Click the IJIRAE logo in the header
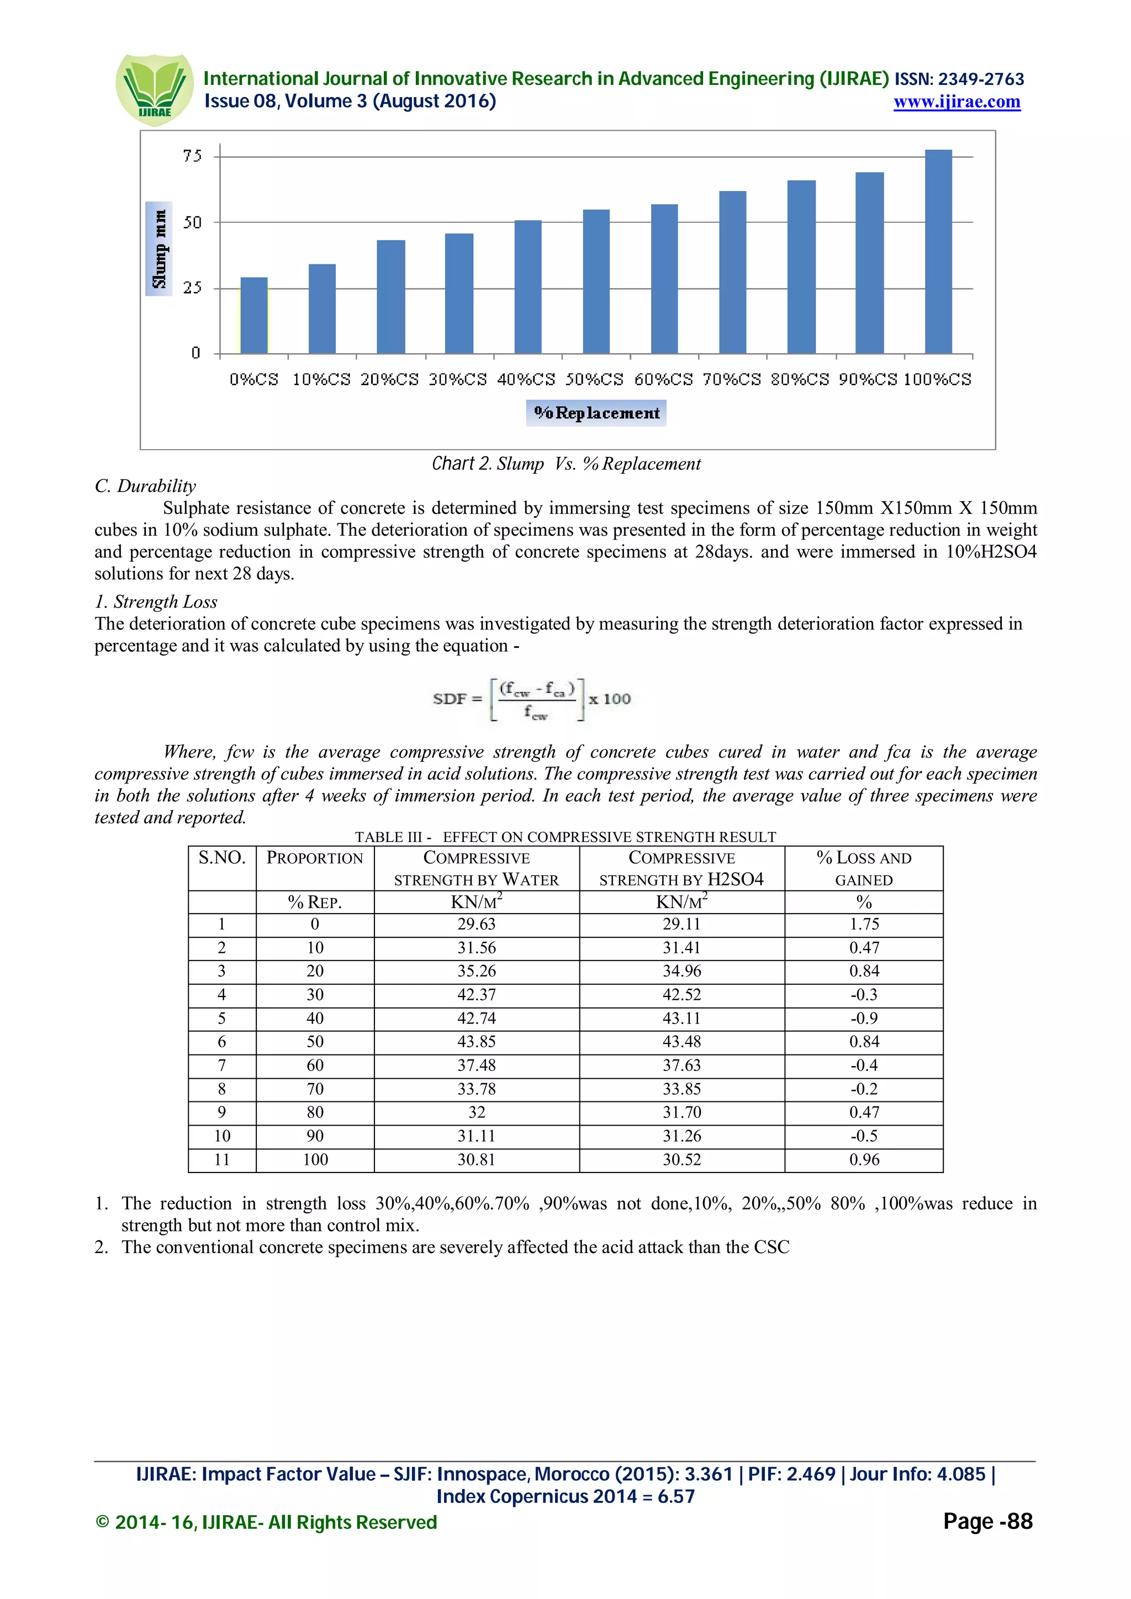[154, 90]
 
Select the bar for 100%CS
[938, 252]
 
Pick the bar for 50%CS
[596, 281]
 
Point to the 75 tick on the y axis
[192, 156]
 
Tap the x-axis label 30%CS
[457, 380]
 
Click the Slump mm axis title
[160, 249]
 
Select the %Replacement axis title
[596, 413]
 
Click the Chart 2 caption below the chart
[566, 464]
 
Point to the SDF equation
[532, 699]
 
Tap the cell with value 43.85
[476, 1042]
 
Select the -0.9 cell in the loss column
[863, 1018]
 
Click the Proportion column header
[315, 859]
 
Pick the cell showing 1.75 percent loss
[863, 924]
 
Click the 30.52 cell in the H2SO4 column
[681, 1160]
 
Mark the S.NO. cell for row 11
[221, 1160]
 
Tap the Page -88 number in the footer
[987, 1522]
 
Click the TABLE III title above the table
[565, 837]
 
